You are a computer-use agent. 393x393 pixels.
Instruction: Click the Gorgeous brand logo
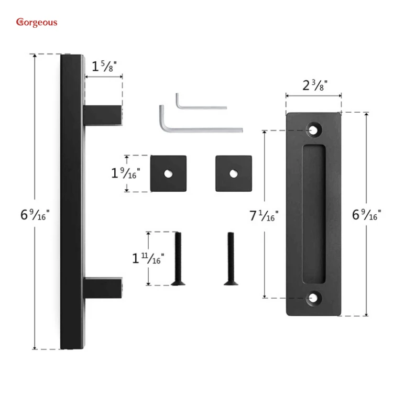pyautogui.click(x=37, y=23)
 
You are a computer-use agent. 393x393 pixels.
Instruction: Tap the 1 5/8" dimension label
pyautogui.click(x=104, y=67)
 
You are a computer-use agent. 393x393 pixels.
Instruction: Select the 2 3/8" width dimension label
pyautogui.click(x=315, y=85)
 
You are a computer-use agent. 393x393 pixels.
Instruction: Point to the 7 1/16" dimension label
pyautogui.click(x=264, y=215)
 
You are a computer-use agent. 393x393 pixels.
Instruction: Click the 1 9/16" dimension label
pyautogui.click(x=125, y=173)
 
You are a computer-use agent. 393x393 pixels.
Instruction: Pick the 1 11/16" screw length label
pyautogui.click(x=148, y=258)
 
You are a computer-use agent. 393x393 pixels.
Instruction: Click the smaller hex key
pyautogui.click(x=201, y=102)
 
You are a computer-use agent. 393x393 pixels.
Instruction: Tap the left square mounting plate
pyautogui.click(x=168, y=173)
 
